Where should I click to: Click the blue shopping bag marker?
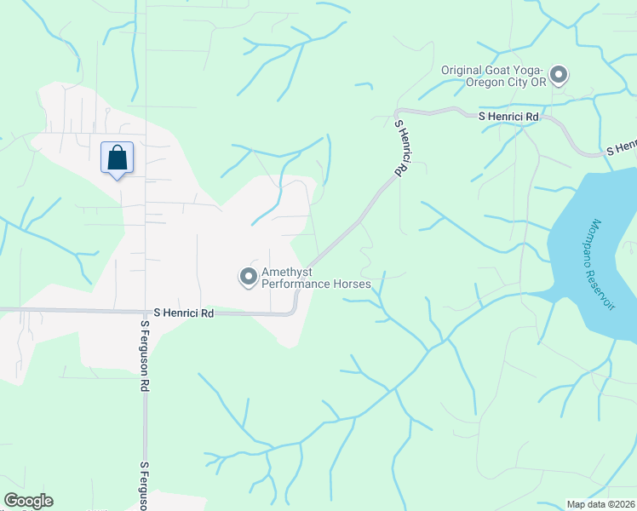[118, 158]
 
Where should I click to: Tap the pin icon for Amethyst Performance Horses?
[248, 277]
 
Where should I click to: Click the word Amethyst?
[291, 272]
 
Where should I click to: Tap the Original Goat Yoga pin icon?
[559, 76]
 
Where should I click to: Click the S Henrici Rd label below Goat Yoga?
[508, 116]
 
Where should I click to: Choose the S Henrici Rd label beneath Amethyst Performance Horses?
[183, 313]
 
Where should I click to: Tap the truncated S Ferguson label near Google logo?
[145, 485]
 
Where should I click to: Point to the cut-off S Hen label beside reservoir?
[621, 147]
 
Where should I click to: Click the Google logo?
[28, 501]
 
